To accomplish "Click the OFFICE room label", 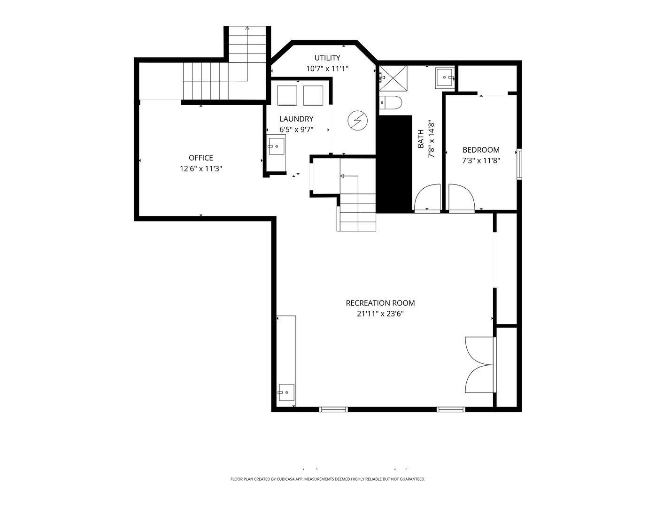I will (x=201, y=158).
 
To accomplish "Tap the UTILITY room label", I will (x=327, y=58).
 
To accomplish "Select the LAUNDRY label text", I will (x=296, y=119).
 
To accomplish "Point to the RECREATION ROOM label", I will (x=380, y=303).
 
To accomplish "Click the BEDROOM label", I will (x=481, y=150).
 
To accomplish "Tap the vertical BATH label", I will (x=420, y=139).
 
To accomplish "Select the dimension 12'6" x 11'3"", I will (x=201, y=169).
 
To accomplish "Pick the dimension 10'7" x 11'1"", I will (x=327, y=69).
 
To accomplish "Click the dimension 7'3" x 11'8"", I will (x=481, y=161).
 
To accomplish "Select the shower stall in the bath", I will (x=393, y=77).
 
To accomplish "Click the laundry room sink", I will (x=277, y=145).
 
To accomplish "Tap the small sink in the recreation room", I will (x=286, y=392).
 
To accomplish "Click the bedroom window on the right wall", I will (x=519, y=164).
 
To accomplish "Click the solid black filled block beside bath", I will (x=395, y=164).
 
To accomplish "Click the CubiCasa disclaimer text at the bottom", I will (x=328, y=479).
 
